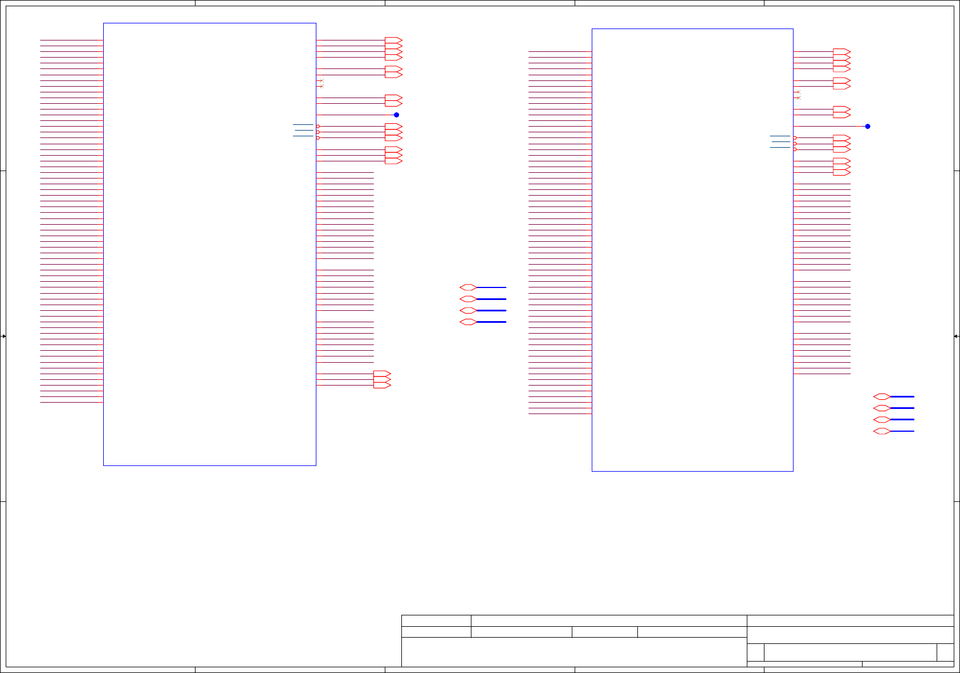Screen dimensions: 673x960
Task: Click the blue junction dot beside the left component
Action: [396, 115]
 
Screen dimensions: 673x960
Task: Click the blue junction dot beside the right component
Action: [868, 127]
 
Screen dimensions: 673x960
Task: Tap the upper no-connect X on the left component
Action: [322, 80]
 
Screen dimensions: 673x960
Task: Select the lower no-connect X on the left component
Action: [322, 86]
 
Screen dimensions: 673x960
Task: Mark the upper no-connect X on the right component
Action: [798, 92]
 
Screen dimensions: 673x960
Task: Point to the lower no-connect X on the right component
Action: [798, 98]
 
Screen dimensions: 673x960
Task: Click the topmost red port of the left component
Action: [393, 40]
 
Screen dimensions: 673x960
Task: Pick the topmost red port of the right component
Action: [841, 52]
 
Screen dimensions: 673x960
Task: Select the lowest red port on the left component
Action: [382, 386]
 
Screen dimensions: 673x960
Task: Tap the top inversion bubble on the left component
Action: [318, 127]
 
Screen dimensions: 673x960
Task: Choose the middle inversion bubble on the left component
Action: [318, 132]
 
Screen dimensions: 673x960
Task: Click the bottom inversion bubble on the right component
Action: [795, 149]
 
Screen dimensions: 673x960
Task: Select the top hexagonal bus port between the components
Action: [468, 287]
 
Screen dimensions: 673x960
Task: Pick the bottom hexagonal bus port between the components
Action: [468, 322]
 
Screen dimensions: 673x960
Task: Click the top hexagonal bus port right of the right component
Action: [882, 396]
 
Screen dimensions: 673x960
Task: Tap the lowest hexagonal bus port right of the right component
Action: [882, 431]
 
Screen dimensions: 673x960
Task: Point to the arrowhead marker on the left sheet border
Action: [3, 336]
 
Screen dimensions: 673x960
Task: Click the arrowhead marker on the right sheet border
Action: [957, 336]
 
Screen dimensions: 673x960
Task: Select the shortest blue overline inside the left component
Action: [303, 131]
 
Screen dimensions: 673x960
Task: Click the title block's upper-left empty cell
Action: [436, 621]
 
